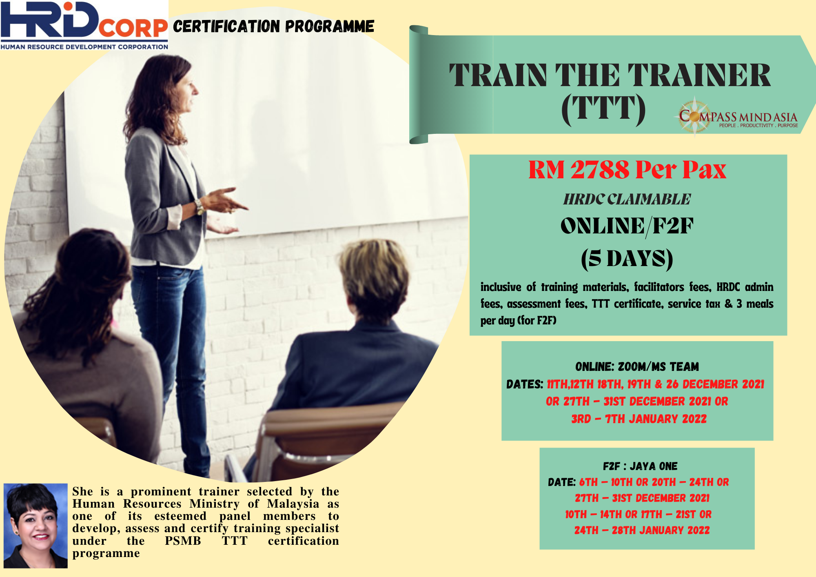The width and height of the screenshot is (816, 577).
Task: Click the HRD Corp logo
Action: point(84,25)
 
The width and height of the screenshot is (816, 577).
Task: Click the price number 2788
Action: point(600,169)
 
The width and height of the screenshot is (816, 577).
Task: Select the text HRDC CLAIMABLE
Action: point(627,199)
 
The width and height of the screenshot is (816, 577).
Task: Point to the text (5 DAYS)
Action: point(627,259)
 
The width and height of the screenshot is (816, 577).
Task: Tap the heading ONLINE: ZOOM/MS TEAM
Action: point(637,366)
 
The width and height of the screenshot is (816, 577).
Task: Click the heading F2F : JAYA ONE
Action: point(640,466)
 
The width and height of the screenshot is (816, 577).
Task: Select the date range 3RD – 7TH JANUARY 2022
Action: point(639,419)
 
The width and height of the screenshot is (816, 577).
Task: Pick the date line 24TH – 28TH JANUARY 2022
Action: point(642,530)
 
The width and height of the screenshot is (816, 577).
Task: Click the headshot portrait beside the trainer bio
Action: point(35,526)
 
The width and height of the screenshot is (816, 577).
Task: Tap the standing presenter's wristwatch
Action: point(200,207)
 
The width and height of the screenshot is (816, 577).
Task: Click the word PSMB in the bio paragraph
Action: point(183,541)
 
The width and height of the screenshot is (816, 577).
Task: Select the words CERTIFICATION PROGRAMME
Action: point(273,26)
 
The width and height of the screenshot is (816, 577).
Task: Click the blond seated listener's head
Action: point(375,277)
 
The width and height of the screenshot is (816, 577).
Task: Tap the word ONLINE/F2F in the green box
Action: point(627,226)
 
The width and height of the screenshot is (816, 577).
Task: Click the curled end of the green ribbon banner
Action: point(419,84)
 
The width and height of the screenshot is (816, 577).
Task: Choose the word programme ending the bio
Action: point(106,554)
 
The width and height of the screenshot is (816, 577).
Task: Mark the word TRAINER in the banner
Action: point(699,75)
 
